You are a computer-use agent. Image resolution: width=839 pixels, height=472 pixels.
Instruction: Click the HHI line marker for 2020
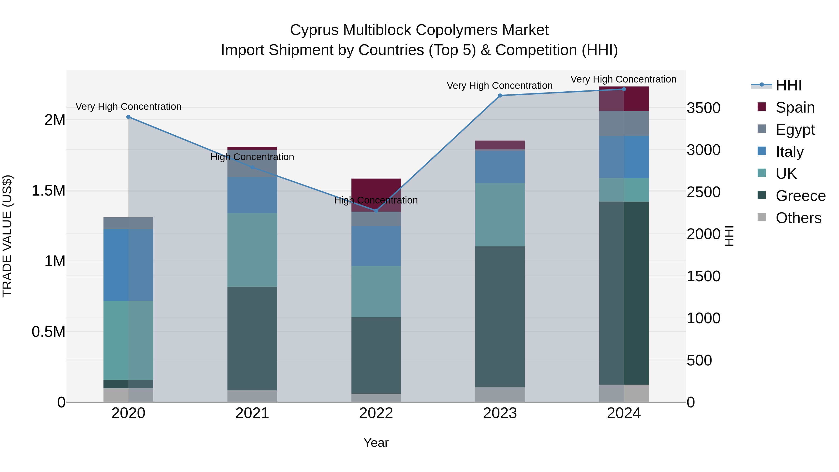pos(128,117)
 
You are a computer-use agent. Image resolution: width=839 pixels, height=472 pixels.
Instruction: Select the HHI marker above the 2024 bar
pos(624,89)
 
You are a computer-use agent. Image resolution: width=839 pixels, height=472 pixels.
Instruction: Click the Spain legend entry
pos(795,107)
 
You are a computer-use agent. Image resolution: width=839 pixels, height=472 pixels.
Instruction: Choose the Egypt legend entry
pos(795,130)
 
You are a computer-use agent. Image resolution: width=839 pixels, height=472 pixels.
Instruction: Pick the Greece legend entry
pos(800,196)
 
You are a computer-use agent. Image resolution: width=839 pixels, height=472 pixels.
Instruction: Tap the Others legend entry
pos(798,218)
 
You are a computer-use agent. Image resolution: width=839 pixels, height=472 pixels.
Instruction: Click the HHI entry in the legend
pos(788,85)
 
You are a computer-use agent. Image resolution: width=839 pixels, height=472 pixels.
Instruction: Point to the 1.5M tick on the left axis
pos(48,191)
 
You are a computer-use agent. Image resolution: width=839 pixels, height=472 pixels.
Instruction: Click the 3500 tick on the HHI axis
pos(704,108)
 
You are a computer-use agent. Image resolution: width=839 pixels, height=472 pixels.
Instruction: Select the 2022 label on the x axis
pos(376,413)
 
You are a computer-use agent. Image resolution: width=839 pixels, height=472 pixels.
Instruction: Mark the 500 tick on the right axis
pos(699,361)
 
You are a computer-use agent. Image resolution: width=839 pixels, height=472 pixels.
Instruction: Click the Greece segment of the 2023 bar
pos(500,317)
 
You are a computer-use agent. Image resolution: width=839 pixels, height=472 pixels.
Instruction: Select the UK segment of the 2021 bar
pos(252,250)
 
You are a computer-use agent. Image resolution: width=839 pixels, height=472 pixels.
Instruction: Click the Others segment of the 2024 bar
pos(624,393)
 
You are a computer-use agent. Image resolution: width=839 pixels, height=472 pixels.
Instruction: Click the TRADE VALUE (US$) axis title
pos(7,236)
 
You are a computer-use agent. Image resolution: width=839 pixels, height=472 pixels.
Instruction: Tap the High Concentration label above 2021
pos(252,157)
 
